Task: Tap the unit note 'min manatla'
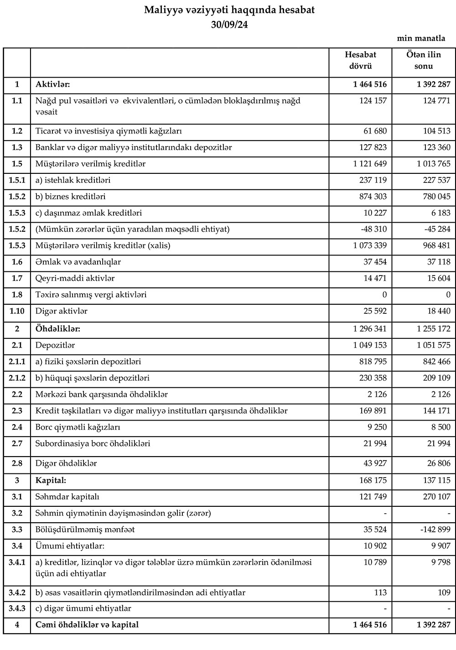[x=421, y=38]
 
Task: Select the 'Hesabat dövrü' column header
[x=361, y=60]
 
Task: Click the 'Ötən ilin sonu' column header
[x=424, y=60]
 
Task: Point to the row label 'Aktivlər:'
[x=52, y=84]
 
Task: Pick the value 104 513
[x=436, y=131]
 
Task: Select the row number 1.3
[x=17, y=148]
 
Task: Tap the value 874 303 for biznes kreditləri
[x=370, y=197]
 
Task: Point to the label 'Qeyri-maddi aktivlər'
[x=75, y=278]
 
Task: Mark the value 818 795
[x=370, y=362]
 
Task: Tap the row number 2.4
[x=17, y=427]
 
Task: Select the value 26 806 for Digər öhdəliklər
[x=436, y=463]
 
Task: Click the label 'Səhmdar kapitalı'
[x=67, y=497]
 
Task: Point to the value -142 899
[x=434, y=530]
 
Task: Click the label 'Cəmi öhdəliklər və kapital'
[x=87, y=625]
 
